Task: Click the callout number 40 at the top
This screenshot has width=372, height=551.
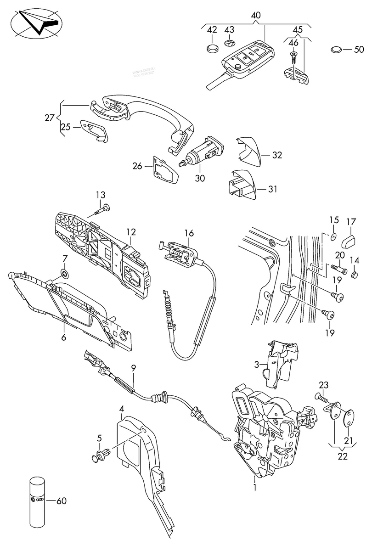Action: (x=256, y=15)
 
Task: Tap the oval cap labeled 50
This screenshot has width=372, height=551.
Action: (x=337, y=49)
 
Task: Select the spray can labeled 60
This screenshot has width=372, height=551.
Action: (x=38, y=500)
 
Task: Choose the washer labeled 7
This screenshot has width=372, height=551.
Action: (x=63, y=275)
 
